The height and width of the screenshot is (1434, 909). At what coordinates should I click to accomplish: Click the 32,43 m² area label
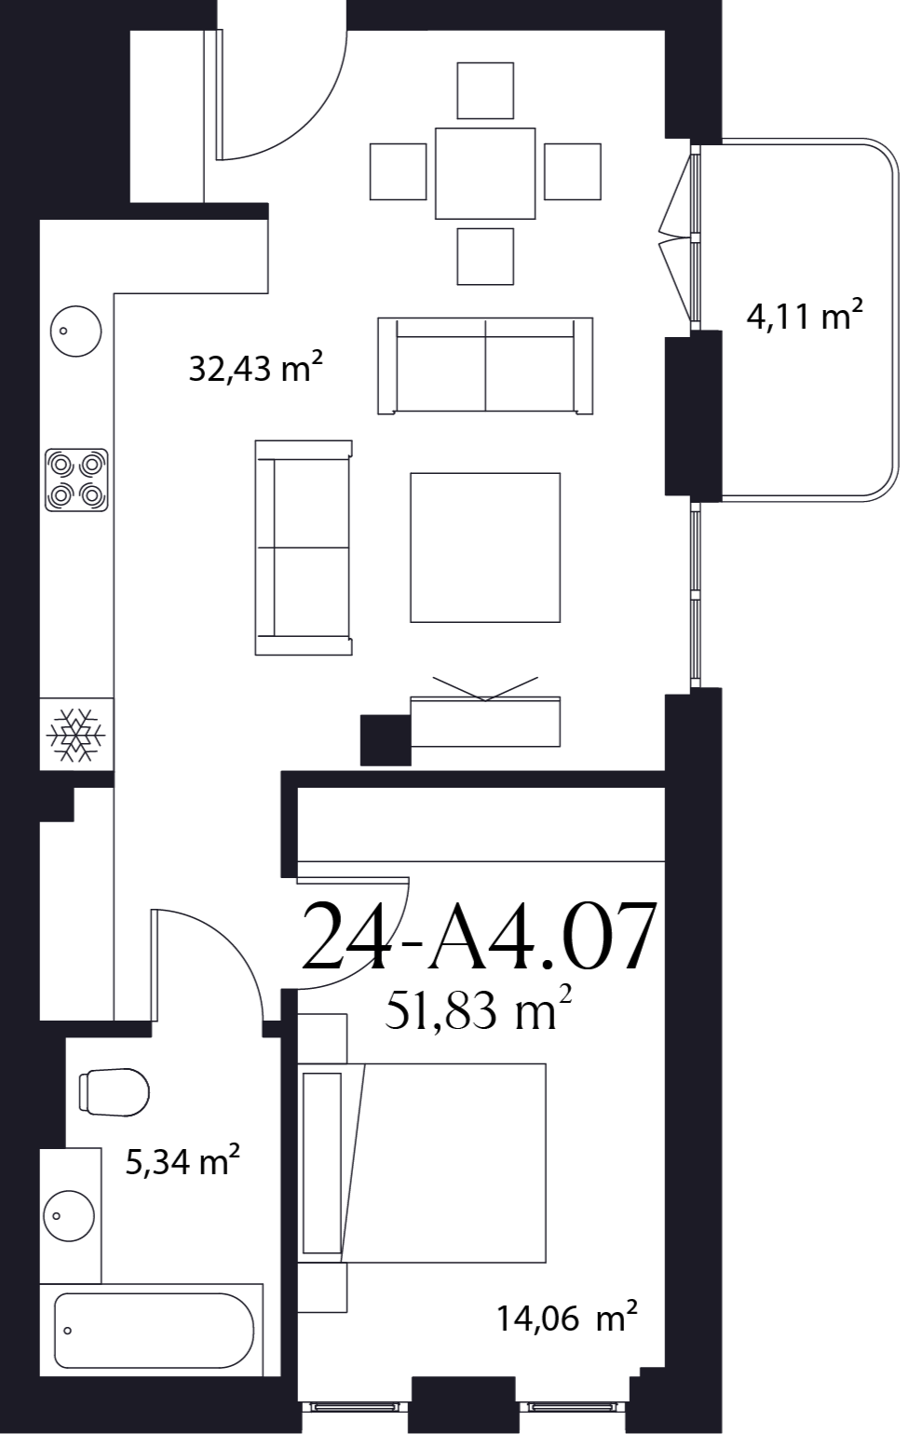pyautogui.click(x=255, y=368)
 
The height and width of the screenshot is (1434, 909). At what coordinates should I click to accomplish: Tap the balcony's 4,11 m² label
pyautogui.click(x=805, y=315)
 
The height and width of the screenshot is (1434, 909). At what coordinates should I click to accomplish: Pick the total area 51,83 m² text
pyautogui.click(x=478, y=1011)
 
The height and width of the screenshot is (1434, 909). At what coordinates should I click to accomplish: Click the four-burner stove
pyautogui.click(x=76, y=480)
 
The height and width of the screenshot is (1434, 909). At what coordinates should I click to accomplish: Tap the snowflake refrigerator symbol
pyautogui.click(x=76, y=734)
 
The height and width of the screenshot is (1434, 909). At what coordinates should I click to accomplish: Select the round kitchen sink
pyautogui.click(x=76, y=331)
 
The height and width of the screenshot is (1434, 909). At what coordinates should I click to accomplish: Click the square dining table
pyautogui.click(x=485, y=173)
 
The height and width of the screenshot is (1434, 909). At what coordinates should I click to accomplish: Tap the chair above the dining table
pyautogui.click(x=485, y=90)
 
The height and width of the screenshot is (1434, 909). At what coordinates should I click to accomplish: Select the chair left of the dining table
pyautogui.click(x=399, y=171)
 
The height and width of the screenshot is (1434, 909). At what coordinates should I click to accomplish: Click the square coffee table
pyautogui.click(x=485, y=548)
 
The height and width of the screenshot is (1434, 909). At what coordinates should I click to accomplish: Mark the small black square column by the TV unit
pyautogui.click(x=386, y=740)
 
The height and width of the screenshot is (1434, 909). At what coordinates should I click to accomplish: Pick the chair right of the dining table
pyautogui.click(x=572, y=171)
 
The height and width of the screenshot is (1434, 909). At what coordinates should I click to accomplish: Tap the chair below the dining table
pyautogui.click(x=485, y=257)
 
